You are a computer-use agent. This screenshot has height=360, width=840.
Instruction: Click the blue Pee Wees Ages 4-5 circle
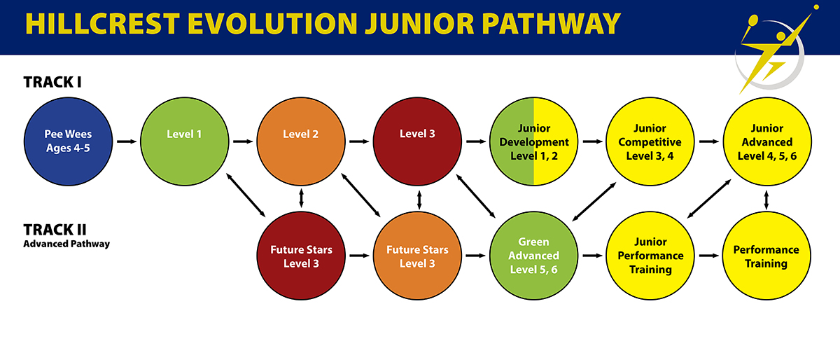[69, 141]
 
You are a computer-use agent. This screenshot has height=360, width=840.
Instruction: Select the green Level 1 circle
[185, 141]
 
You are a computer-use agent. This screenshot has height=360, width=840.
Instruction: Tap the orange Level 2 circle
[301, 141]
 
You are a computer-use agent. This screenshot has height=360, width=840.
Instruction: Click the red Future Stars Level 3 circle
[301, 256]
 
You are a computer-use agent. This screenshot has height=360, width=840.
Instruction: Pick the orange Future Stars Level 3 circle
[417, 256]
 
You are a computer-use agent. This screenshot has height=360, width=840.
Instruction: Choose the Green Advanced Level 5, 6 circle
[533, 256]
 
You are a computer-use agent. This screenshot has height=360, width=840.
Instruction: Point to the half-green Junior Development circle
[533, 141]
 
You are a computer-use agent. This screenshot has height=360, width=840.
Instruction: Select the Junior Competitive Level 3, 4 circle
[650, 141]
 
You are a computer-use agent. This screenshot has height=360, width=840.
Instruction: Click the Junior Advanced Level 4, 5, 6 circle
[767, 141]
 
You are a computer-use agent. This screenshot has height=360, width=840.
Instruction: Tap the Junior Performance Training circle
[650, 256]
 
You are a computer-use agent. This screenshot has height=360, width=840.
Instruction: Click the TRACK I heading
[52, 82]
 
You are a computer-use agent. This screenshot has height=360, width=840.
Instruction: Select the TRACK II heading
[55, 230]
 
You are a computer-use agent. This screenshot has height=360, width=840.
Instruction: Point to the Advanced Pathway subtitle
[66, 244]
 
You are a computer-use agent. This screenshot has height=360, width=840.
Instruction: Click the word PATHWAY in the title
[551, 24]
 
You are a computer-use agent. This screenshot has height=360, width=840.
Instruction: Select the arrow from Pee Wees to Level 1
[127, 141]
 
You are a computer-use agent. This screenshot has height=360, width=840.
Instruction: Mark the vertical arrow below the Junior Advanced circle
[766, 200]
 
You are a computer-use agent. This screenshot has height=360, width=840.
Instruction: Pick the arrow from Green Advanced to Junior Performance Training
[592, 256]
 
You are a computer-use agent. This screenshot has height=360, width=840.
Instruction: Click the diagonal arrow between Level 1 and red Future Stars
[246, 195]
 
